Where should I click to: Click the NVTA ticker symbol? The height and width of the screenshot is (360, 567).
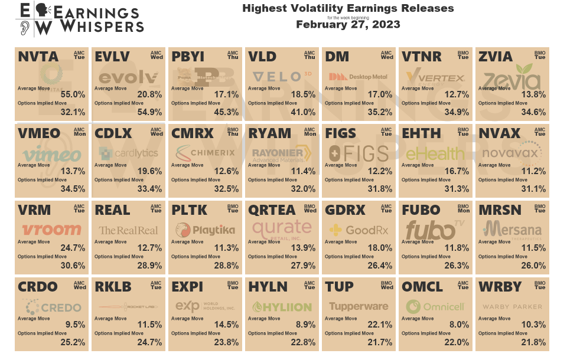[x=38, y=57]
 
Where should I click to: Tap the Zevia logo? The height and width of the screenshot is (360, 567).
[x=511, y=77]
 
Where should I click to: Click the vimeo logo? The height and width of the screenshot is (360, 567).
[x=51, y=154]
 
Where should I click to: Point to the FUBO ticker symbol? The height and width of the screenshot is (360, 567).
[x=420, y=210]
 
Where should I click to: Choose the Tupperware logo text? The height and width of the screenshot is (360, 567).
[x=359, y=307]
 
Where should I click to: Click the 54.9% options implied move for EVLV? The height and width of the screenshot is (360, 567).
[x=150, y=112]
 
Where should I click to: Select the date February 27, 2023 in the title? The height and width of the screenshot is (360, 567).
[x=348, y=25]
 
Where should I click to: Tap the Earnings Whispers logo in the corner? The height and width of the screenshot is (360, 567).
[x=80, y=18]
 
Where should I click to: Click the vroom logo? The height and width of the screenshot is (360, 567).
[x=51, y=230]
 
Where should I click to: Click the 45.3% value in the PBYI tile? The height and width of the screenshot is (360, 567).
[x=227, y=112]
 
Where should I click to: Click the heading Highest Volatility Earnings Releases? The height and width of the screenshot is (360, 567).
[x=348, y=9]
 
